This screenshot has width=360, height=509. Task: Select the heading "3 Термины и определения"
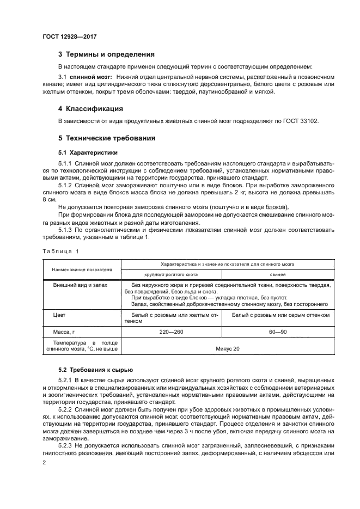tap(106, 54)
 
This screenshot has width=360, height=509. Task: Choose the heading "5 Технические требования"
tap(107, 138)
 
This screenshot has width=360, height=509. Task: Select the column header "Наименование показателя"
tap(82, 269)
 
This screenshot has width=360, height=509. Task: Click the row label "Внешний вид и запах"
tap(80, 285)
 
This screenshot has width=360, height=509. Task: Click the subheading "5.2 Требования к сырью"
tap(91, 370)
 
